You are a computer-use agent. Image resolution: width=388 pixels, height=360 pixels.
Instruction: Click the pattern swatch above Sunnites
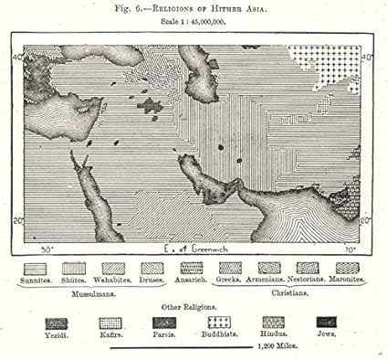click(35, 268)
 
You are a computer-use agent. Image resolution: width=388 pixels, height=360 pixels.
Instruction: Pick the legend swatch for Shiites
click(74, 268)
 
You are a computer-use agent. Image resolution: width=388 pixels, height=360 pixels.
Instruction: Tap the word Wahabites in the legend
click(113, 280)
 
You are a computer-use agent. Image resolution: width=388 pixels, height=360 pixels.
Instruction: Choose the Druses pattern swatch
click(152, 268)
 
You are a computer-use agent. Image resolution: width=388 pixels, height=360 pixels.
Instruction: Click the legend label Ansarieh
click(192, 280)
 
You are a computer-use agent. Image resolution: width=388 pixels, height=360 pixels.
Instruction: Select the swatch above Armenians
click(269, 268)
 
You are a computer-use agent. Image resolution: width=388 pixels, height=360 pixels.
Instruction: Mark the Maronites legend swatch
click(347, 268)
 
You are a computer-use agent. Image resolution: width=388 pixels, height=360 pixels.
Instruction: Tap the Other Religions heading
click(194, 308)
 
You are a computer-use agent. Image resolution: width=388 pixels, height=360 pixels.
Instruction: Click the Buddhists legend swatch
click(218, 323)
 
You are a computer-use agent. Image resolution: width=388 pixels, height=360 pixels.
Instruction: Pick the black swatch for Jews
click(326, 323)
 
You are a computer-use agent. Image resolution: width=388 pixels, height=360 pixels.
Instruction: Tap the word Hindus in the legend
click(273, 334)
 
